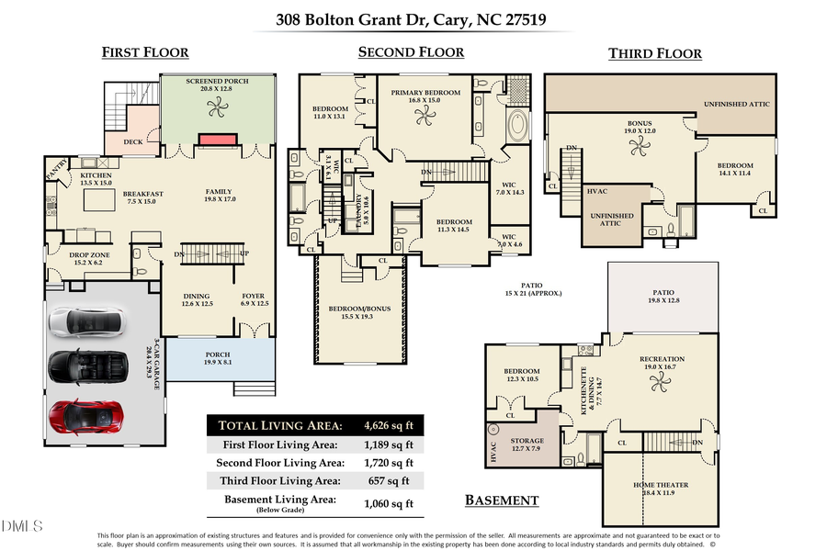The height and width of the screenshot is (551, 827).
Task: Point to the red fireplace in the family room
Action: pos(217,139)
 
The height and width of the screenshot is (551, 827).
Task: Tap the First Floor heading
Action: pos(144,53)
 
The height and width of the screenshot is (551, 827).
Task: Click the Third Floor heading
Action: pos(654,54)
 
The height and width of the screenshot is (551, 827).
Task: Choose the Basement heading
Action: pos(501,500)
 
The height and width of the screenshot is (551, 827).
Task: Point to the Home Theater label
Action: pos(660,484)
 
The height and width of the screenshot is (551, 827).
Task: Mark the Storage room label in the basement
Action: pos(527,441)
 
